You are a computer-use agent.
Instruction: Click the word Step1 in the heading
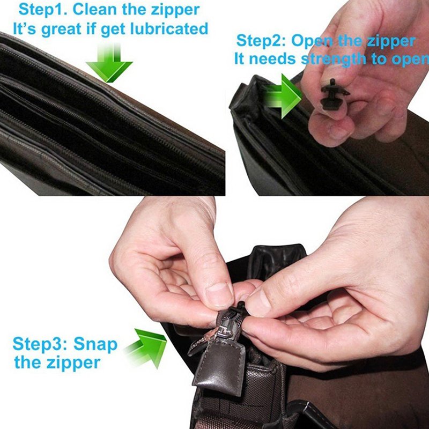[x=43, y=10]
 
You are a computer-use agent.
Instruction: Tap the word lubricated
[x=169, y=29]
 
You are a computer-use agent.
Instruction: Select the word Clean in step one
[x=95, y=10]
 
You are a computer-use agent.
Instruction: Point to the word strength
[x=334, y=60]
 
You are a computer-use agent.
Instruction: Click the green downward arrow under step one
[x=109, y=62]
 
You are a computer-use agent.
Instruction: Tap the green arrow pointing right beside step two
[x=283, y=96]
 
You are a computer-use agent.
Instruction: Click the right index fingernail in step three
[x=255, y=304]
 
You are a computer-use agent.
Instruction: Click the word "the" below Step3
[x=28, y=363]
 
